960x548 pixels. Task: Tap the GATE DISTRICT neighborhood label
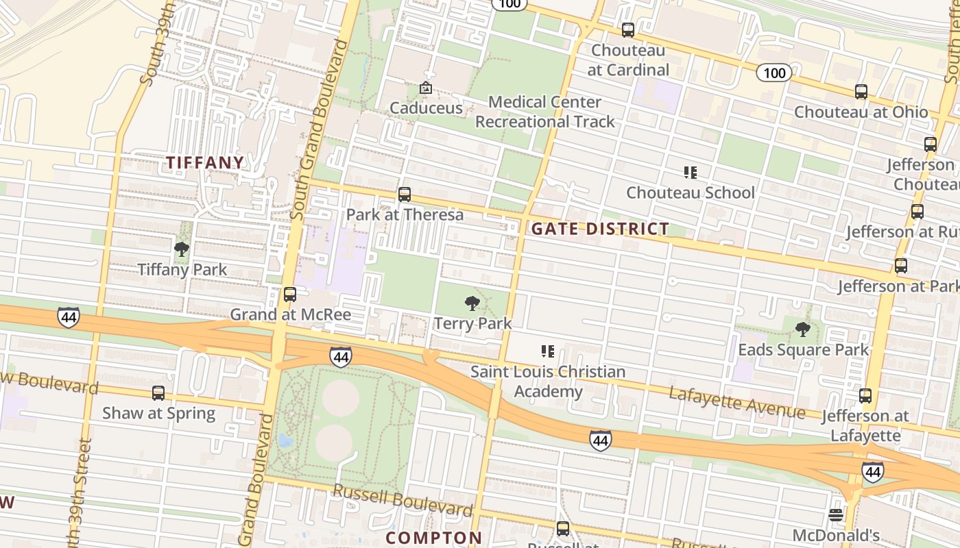coord(600,229)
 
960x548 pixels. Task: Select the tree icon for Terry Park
coord(472,303)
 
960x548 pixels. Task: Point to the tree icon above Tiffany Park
coord(182,249)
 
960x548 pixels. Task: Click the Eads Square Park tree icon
coord(802,329)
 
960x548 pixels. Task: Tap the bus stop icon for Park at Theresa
coord(405,195)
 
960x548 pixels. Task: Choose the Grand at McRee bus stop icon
coord(290,295)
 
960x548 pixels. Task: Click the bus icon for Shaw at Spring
coord(158,393)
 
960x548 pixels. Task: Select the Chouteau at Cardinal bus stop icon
coord(627,30)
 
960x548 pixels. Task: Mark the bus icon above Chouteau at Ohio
coord(861,92)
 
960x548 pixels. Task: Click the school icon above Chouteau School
coord(690,173)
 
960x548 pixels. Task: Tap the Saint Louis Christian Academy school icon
coord(547,351)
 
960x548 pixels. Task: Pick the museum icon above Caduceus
coord(425,88)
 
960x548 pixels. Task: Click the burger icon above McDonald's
coord(835,514)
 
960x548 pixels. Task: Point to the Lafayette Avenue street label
coord(736,402)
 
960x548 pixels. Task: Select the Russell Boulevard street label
coord(403,500)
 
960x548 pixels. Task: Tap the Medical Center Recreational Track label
coord(545,112)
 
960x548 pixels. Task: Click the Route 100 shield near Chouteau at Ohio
coord(774,73)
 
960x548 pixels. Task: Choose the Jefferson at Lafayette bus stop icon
coord(865,396)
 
